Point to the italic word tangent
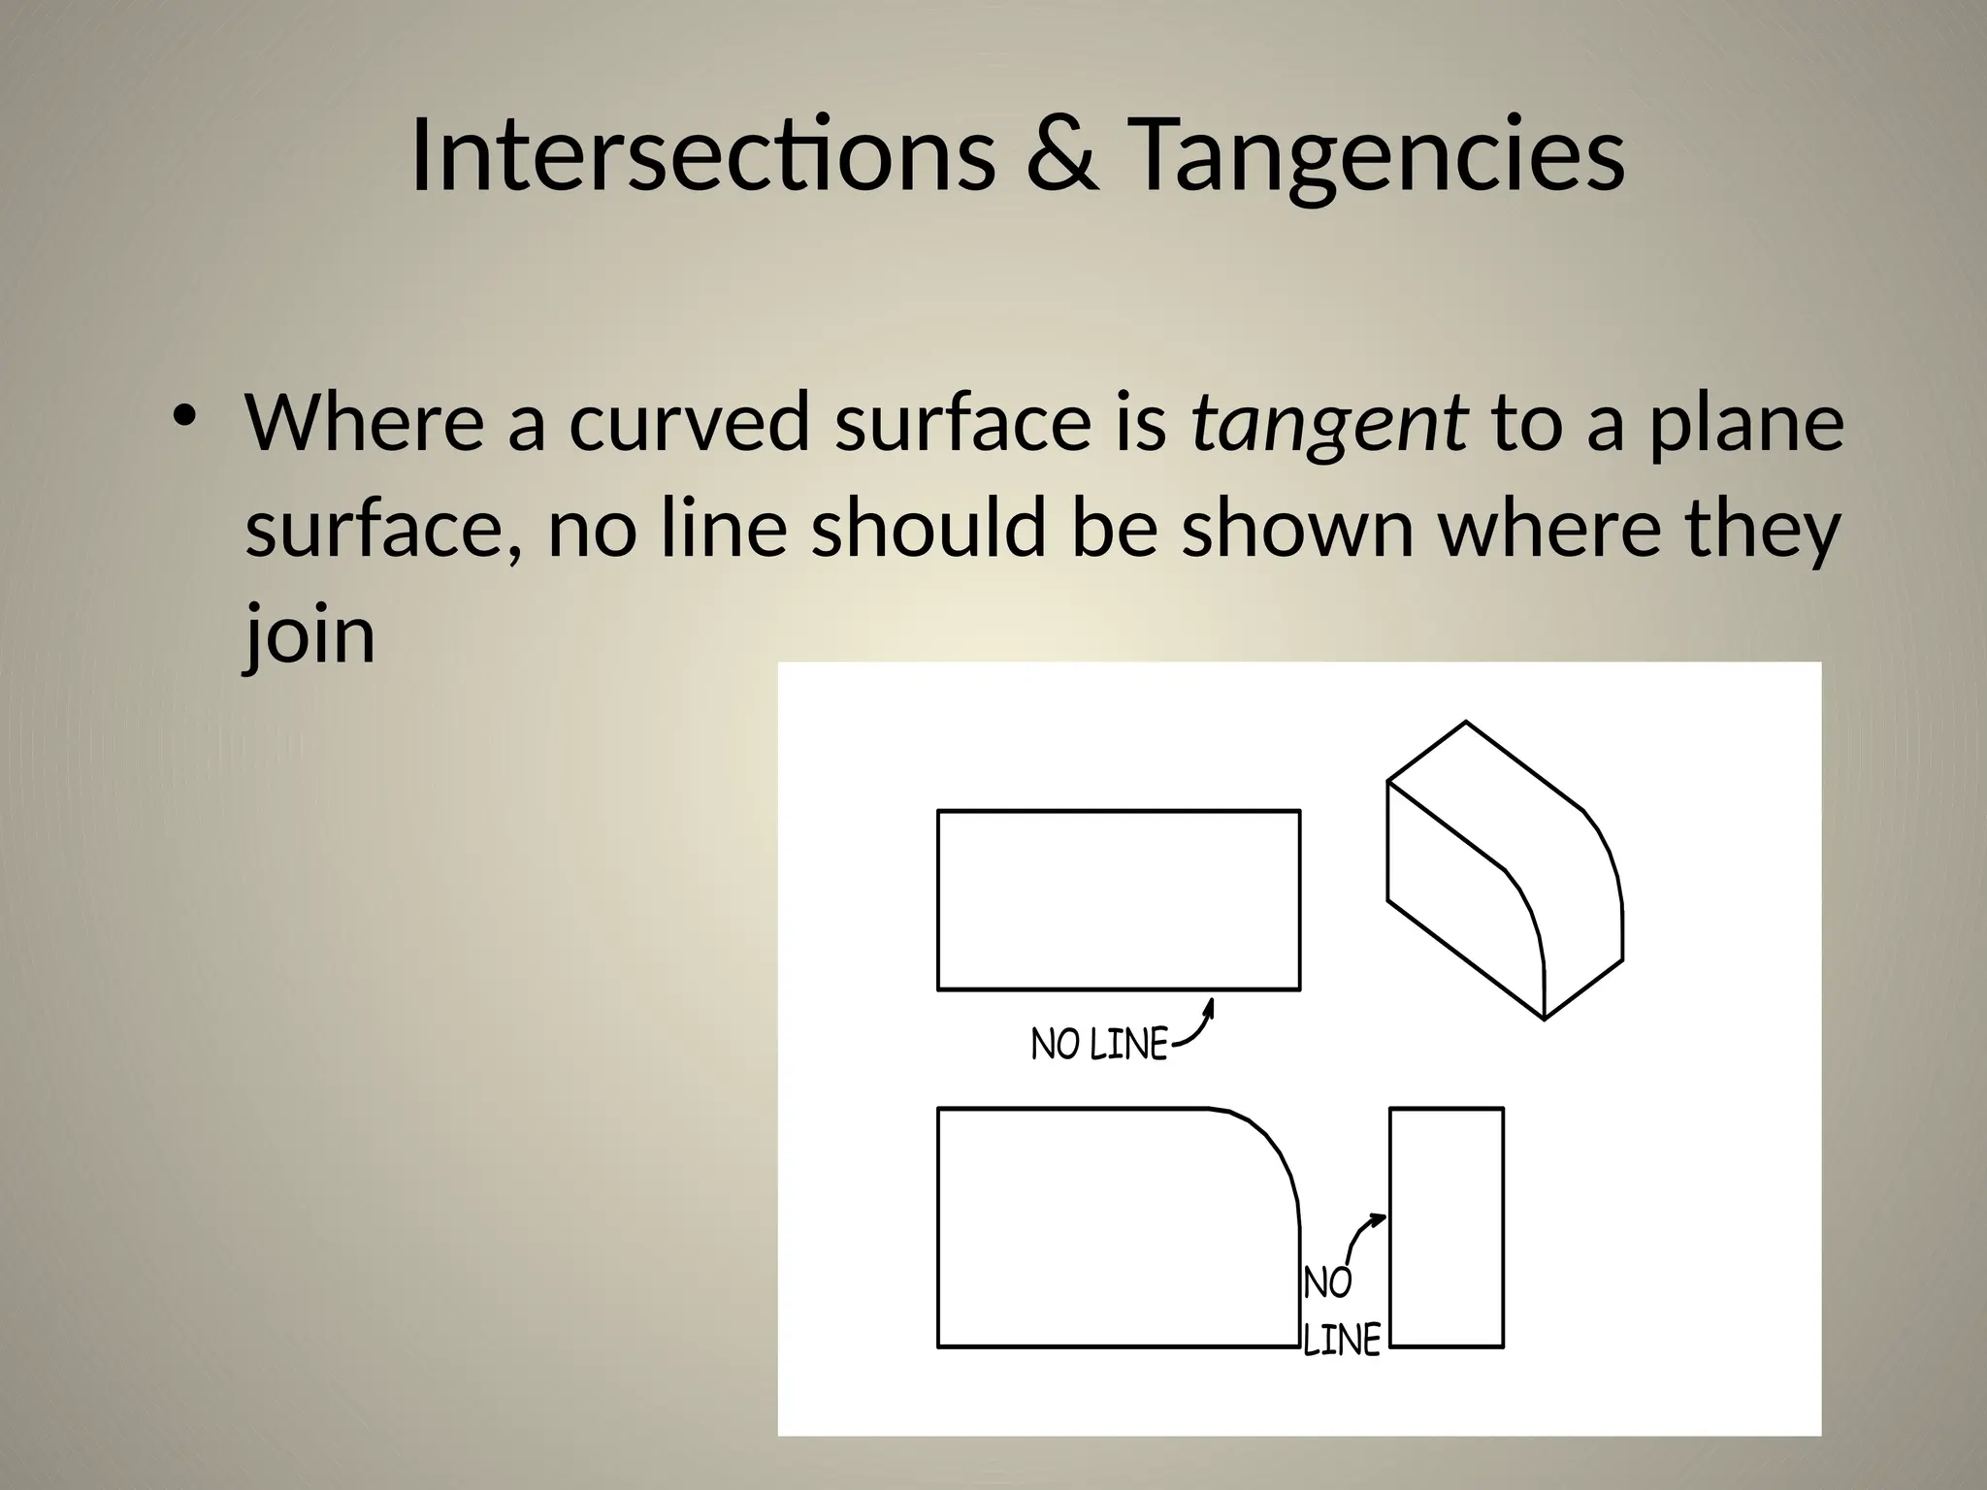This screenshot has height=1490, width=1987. coord(1328,424)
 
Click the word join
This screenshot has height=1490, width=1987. coord(309,635)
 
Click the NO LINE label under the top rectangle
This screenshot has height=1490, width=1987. coord(1099,1045)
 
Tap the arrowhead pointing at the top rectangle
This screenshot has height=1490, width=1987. coord(1209,1006)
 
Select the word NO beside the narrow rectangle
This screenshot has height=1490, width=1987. coord(1327,1282)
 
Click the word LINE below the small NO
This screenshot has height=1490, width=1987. coord(1341,1341)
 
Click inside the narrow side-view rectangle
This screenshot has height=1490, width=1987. coord(1446,1227)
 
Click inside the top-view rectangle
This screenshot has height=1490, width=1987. coord(1118,899)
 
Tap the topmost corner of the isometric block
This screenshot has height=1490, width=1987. coord(1465,723)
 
